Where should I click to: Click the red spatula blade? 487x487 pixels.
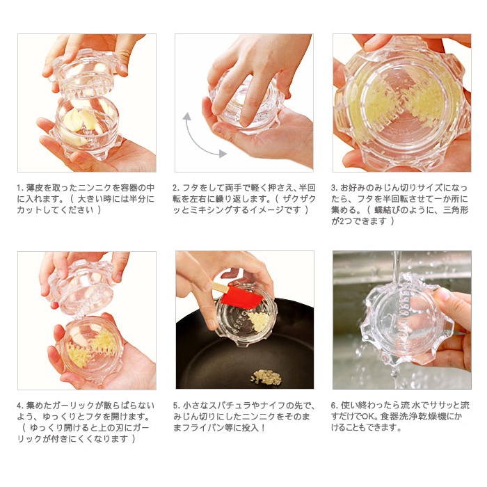[x=241, y=296]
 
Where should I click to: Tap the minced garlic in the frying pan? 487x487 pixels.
[x=266, y=377]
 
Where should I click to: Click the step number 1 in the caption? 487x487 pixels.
[x=20, y=188]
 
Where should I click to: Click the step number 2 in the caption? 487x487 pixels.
[x=176, y=188]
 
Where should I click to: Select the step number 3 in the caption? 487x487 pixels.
[x=334, y=188]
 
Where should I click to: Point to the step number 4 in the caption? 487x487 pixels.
[x=20, y=406]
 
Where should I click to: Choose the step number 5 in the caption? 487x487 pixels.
[x=176, y=406]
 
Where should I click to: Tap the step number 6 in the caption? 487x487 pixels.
[x=334, y=406]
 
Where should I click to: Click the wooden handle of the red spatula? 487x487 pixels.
[x=218, y=287]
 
